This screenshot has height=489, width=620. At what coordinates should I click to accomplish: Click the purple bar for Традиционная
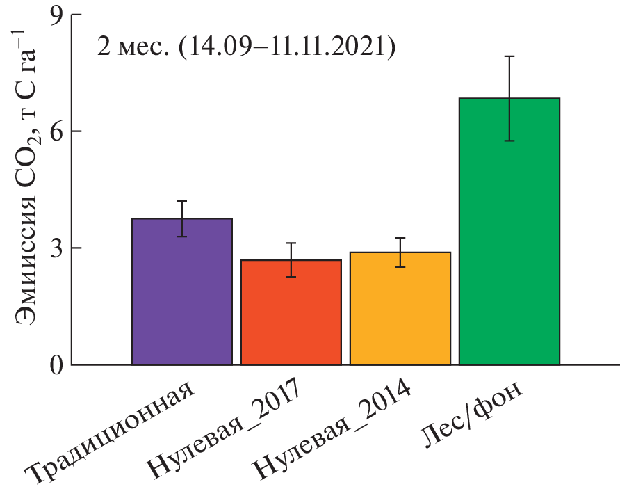click(x=182, y=292)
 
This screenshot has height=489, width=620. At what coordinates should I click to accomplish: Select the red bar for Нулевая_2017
click(x=291, y=312)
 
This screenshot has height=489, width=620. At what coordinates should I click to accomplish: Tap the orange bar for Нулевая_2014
click(x=400, y=309)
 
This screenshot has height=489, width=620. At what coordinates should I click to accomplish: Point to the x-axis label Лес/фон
click(x=473, y=414)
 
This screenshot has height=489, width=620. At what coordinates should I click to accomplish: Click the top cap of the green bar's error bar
click(x=509, y=56)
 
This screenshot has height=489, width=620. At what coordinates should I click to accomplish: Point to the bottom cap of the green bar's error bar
click(x=509, y=141)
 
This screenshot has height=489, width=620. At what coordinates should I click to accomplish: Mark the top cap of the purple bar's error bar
click(x=182, y=201)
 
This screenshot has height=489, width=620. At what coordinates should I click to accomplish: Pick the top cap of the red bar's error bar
click(x=291, y=243)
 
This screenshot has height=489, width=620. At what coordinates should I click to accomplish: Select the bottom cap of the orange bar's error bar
click(x=400, y=267)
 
